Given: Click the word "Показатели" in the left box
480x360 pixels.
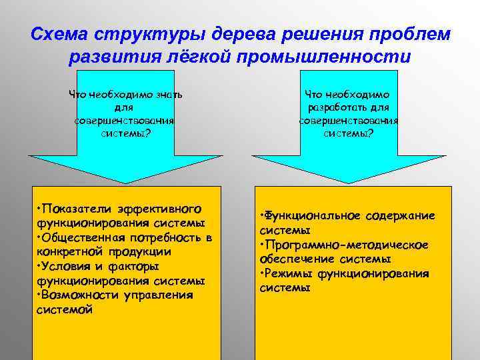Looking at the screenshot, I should pos(75,203).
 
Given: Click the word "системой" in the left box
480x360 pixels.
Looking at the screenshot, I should pos(65,309).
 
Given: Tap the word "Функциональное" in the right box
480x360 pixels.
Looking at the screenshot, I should pos(308,215).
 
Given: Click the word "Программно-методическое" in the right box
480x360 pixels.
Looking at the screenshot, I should pos(346,245).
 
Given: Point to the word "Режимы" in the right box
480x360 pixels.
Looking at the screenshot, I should pos(288,273).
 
